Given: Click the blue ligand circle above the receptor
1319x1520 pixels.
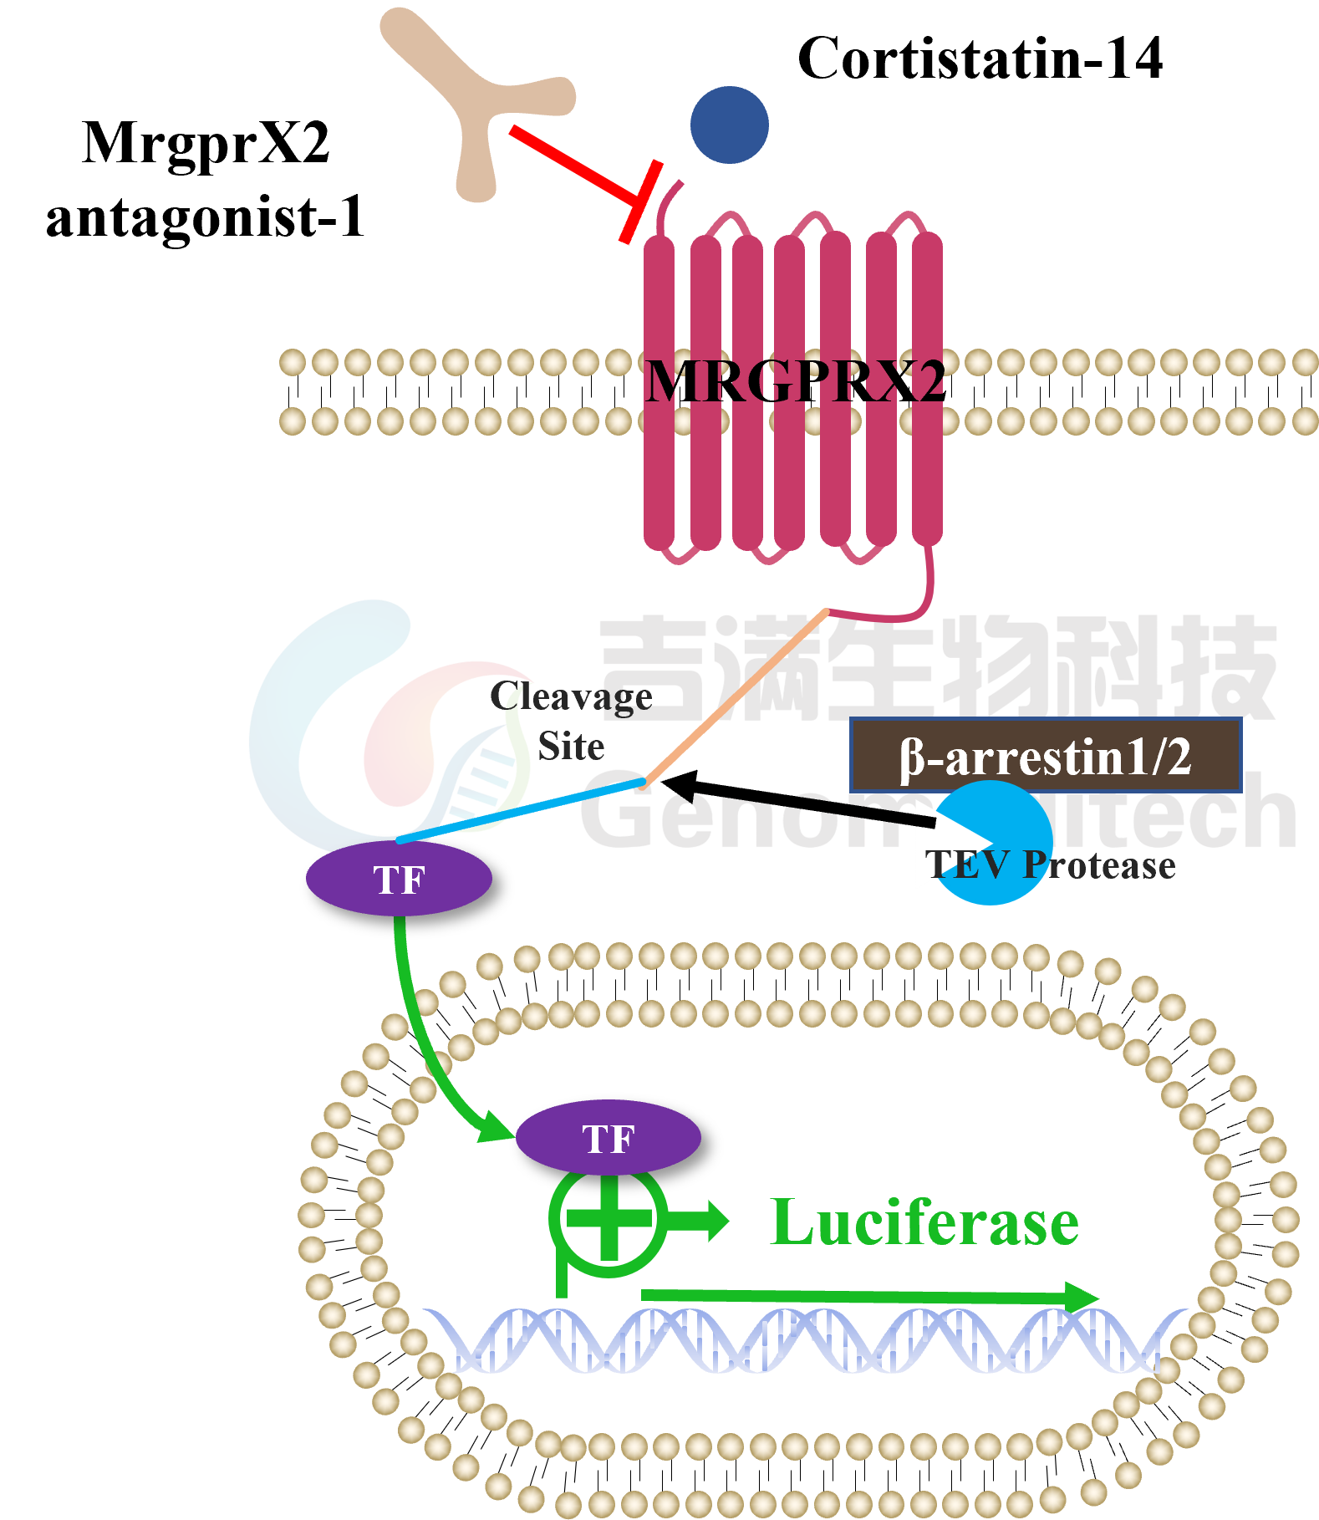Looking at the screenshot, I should (729, 125).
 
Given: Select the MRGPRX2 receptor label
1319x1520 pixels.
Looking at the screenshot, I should (795, 381).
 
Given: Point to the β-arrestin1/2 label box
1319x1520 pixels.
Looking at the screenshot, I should (1045, 756).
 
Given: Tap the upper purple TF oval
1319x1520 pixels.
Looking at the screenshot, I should (399, 879).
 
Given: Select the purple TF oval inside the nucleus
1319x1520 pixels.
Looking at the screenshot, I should (608, 1138).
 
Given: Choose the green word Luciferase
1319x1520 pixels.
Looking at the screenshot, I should (924, 1222).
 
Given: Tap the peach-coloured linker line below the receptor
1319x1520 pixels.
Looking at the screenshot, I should (736, 698).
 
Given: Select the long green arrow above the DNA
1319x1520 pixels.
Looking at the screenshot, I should (869, 1297).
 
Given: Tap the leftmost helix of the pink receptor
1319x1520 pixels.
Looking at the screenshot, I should (659, 393).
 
